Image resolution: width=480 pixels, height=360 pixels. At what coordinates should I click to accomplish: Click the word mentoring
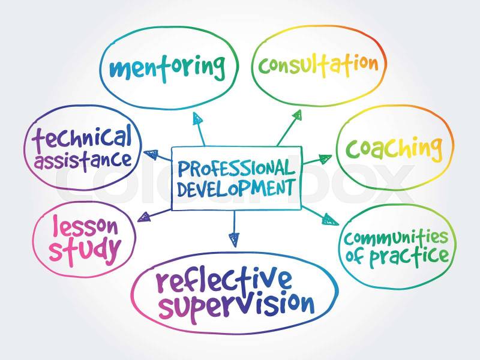(x=167, y=68)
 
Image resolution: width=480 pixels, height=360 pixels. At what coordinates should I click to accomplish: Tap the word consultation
(x=319, y=65)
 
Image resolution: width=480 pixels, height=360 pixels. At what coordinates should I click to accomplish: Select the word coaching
(x=394, y=149)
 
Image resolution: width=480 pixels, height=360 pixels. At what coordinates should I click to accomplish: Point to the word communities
(x=396, y=237)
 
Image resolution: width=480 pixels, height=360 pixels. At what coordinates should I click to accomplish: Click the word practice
(x=409, y=257)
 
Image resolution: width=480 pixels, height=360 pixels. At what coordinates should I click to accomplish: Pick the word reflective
(x=224, y=280)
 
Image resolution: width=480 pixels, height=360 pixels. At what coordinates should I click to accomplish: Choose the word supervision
(x=236, y=307)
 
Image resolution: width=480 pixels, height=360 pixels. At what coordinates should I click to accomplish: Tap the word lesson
(x=85, y=227)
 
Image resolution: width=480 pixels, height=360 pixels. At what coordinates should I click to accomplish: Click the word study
(x=85, y=250)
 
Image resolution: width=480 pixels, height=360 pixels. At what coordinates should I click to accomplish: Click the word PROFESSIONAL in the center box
(x=236, y=168)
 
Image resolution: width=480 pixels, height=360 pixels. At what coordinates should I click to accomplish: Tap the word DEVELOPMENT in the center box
(x=236, y=188)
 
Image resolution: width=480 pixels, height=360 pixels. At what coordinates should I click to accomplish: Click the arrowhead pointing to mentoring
(x=197, y=118)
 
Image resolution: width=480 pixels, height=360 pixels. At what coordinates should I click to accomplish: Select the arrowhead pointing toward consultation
(x=296, y=115)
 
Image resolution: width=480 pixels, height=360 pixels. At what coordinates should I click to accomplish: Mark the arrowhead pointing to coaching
(x=325, y=158)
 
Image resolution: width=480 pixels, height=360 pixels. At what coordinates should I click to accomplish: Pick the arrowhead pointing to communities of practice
(x=330, y=220)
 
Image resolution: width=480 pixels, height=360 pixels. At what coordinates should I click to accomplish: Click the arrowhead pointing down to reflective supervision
(x=234, y=239)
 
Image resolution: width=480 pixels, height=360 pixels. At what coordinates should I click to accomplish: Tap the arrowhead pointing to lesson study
(x=144, y=217)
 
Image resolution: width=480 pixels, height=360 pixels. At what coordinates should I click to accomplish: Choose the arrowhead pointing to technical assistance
(x=151, y=154)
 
